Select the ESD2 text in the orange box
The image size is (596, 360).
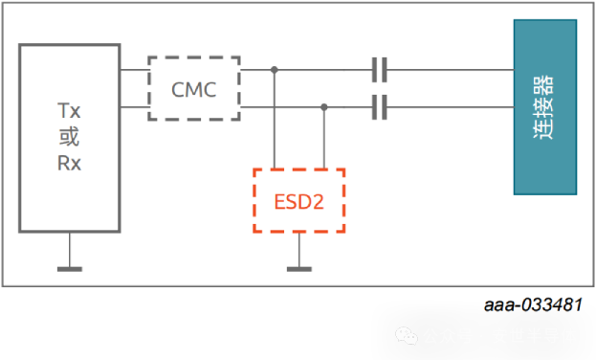298,202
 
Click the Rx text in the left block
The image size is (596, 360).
69,163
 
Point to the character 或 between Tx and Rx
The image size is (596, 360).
69,138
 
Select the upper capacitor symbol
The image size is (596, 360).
379,69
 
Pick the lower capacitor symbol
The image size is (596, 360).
379,107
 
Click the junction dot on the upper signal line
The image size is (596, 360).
275,69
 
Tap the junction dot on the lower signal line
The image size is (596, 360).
324,107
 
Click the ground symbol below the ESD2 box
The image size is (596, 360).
299,267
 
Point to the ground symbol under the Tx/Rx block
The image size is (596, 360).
70,267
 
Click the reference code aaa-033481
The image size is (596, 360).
533,304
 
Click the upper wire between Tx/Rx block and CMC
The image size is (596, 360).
134,69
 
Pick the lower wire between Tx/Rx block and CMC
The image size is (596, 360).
134,107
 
